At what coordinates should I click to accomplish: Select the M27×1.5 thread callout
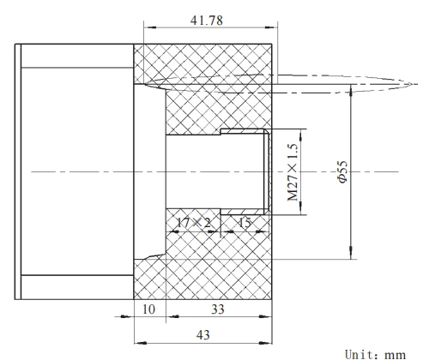(x=293, y=174)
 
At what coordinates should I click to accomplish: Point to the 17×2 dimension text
(x=192, y=223)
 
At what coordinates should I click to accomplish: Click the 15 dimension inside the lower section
(x=244, y=223)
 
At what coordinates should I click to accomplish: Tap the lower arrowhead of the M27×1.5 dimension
(x=301, y=212)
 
